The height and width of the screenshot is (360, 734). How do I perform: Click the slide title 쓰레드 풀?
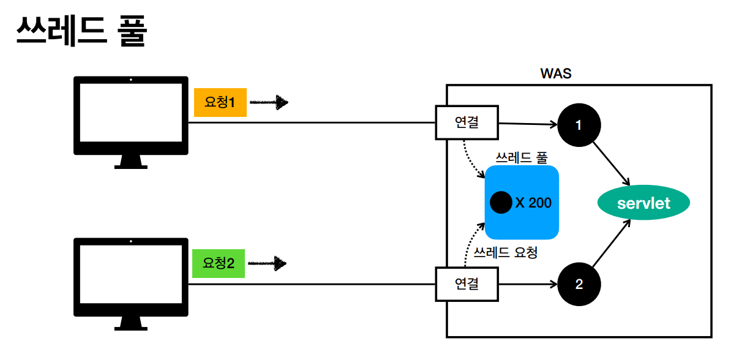coord(80,31)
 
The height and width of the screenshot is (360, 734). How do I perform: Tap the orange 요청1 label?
coord(220,103)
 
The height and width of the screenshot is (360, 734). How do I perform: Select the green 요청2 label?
coord(219,264)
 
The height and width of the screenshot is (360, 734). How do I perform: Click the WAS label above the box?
coord(556,73)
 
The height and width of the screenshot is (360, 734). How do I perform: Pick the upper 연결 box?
coord(466,122)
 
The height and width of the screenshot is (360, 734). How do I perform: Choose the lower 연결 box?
coord(466,284)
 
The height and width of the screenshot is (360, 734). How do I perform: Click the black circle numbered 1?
coord(579,125)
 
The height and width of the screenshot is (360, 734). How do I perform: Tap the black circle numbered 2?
coord(579,285)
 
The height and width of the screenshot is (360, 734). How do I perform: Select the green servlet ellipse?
coord(643,203)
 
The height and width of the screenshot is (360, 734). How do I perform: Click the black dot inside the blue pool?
coord(501,203)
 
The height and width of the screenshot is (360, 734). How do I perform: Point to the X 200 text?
coord(533,203)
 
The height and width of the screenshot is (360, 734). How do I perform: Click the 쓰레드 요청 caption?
coord(506,252)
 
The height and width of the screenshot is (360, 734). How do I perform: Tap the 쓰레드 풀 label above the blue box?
coord(521,157)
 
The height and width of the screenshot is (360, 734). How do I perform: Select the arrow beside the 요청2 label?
coord(268,264)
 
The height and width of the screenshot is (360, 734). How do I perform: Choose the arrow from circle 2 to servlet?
coord(612,244)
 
